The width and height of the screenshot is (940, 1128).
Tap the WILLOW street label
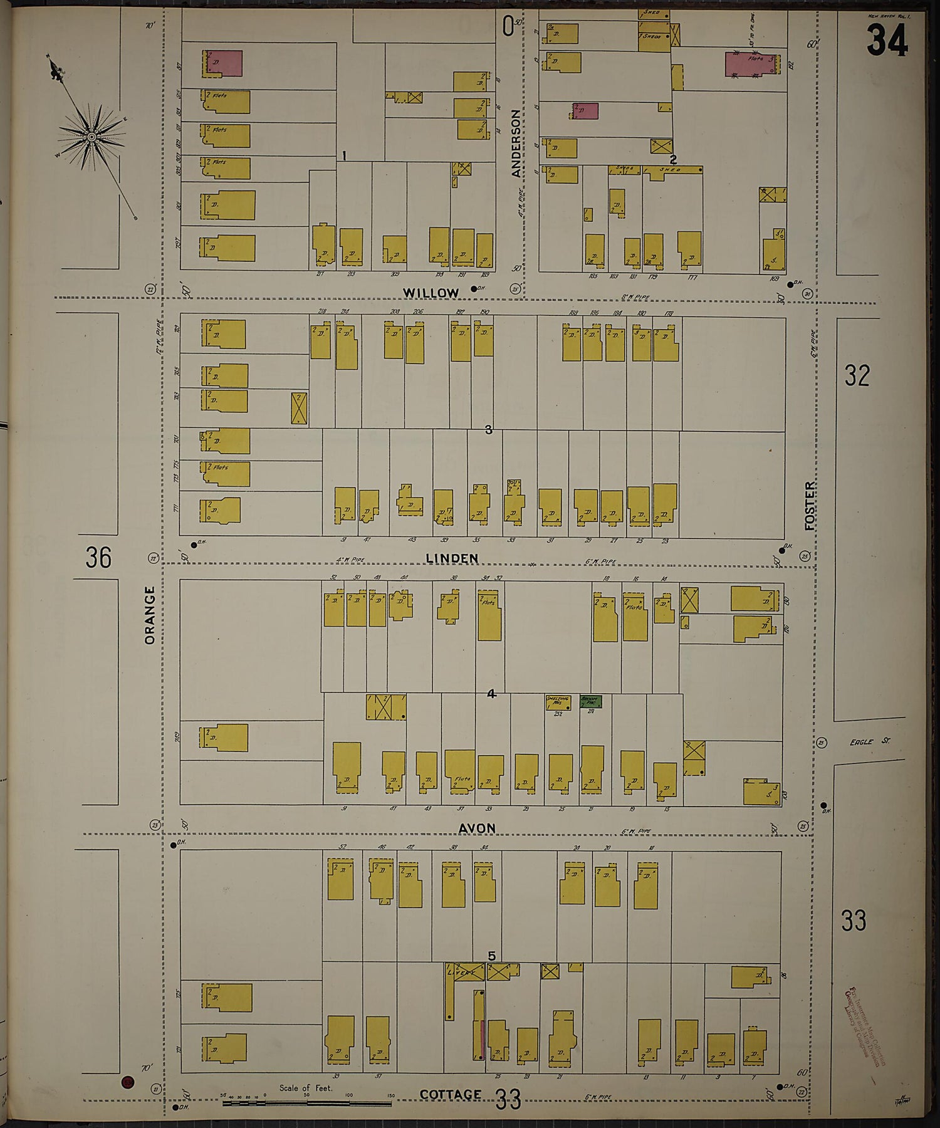tap(431, 293)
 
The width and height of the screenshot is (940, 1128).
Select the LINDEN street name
tap(451, 558)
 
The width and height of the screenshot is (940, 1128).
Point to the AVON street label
tap(476, 828)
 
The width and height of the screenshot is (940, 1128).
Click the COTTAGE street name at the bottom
tap(450, 1094)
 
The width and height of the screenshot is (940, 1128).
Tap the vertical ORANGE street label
tap(149, 615)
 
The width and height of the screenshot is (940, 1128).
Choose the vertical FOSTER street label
tap(811, 505)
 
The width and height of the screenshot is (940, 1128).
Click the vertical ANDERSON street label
tap(516, 143)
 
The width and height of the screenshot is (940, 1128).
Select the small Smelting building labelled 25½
tap(557, 702)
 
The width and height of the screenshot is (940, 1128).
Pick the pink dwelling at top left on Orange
tap(224, 64)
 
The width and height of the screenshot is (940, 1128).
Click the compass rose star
tap(91, 136)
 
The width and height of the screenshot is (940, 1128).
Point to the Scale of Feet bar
tap(307, 1101)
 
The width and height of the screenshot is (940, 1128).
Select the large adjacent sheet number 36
tap(98, 556)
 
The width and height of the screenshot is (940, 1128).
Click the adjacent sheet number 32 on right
tap(857, 375)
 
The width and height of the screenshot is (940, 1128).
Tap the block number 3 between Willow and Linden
tap(489, 430)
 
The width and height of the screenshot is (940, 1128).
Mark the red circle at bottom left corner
tap(128, 1081)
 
